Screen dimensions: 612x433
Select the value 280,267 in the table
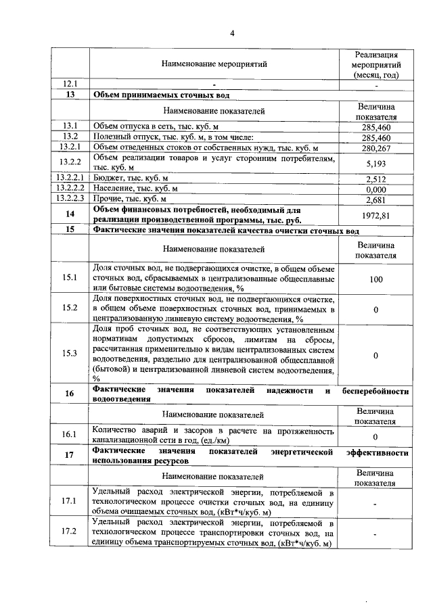coord(375,148)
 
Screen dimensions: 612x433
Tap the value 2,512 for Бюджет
coord(375,179)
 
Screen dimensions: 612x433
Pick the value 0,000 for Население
coord(375,190)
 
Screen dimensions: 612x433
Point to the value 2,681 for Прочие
coord(375,201)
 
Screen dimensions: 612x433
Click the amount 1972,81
coord(375,216)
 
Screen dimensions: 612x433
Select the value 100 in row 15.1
coord(375,279)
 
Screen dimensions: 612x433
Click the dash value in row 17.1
coord(375,503)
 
